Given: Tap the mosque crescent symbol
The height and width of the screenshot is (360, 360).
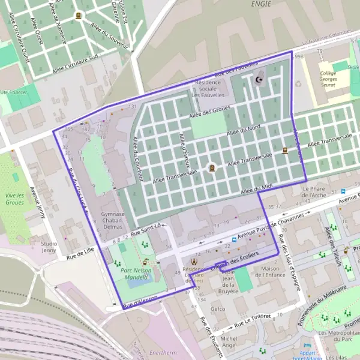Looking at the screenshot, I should (259, 80).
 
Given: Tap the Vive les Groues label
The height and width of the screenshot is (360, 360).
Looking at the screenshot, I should (15, 199).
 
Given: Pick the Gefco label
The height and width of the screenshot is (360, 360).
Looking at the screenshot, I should (217, 309).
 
